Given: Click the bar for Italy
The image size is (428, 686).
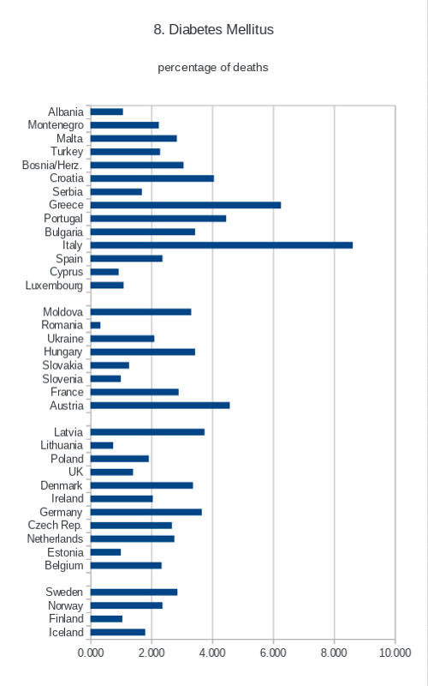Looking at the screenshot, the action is (222, 245).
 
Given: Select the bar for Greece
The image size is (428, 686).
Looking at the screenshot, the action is (186, 205).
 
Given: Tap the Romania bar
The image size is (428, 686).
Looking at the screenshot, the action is (96, 325).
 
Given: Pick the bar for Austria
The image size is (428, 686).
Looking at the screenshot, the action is (160, 406).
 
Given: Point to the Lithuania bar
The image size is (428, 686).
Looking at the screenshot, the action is (102, 445).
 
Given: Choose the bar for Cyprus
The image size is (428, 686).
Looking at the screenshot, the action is (104, 272).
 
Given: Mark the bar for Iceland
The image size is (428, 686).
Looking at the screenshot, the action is (118, 632).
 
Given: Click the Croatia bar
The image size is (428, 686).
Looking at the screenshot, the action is (152, 178).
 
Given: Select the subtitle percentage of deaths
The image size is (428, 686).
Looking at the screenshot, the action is (213, 68).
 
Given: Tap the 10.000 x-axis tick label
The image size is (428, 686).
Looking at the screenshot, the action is (395, 653).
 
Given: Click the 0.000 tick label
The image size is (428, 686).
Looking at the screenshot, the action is (91, 653).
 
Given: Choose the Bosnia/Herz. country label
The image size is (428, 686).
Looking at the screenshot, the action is (52, 165).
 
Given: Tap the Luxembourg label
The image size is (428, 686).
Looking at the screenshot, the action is (54, 286).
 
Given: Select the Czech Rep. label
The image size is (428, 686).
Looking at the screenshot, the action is (55, 526).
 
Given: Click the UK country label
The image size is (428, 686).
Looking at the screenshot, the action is (75, 472).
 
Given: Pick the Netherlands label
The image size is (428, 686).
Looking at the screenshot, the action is (55, 539).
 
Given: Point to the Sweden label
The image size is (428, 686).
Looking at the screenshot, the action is (64, 592).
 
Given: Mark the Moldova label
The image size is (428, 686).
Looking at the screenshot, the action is (62, 312).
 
